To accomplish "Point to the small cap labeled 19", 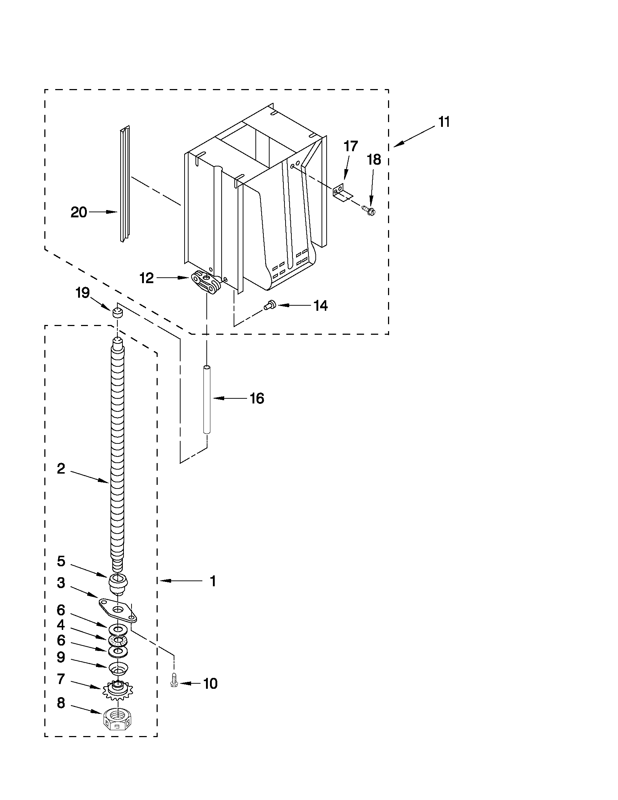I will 117,312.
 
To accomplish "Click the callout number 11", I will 444,122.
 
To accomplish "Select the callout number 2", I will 61,469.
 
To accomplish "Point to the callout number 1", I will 212,581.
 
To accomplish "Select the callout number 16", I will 257,398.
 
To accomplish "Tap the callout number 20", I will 79,213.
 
